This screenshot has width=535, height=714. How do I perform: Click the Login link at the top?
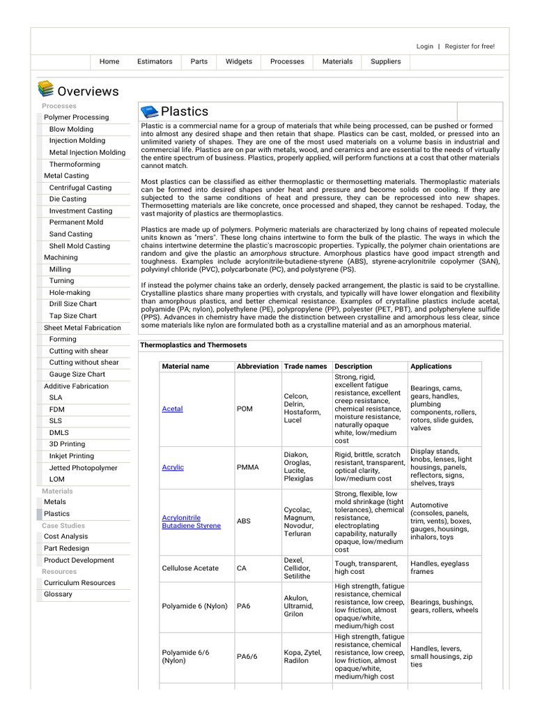424,46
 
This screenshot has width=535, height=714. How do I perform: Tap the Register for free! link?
470,46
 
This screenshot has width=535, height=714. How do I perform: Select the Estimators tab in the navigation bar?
155,61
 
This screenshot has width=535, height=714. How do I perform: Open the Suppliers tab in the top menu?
385,61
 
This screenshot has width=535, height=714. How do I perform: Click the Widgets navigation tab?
239,61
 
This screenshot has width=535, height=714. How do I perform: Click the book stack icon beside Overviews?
45,89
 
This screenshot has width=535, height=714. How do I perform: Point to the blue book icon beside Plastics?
149,112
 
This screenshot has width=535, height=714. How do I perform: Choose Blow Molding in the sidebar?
71,129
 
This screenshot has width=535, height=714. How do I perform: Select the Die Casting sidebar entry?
68,199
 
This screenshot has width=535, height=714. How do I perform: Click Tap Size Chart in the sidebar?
72,316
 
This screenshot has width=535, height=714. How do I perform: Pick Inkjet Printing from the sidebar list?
71,456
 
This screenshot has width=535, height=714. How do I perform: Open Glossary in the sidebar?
58,594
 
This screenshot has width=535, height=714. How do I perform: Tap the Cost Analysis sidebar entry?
66,536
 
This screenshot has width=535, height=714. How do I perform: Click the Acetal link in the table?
172,409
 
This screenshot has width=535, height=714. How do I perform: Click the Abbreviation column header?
257,366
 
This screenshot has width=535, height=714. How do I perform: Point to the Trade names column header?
305,366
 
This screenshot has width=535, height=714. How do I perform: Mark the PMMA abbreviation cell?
247,467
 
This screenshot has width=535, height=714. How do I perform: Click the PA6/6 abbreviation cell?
247,656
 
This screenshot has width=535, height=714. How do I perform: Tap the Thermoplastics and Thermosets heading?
194,345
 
